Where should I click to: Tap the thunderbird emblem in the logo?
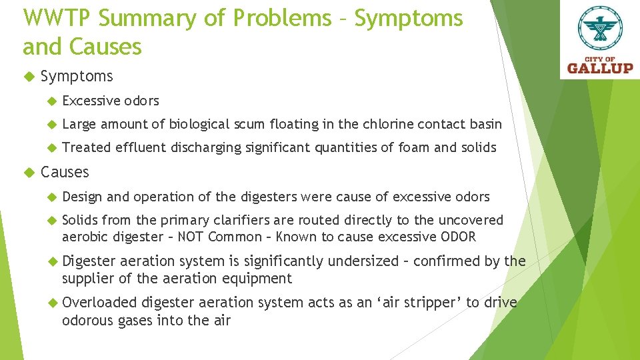pyautogui.click(x=599, y=29)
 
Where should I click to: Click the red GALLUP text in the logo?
pyautogui.click(x=600, y=67)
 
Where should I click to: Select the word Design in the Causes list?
pyautogui.click(x=82, y=197)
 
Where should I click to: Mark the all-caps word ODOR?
pyautogui.click(x=459, y=237)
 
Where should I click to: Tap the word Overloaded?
pyautogui.click(x=99, y=303)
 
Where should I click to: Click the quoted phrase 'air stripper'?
pyautogui.click(x=406, y=303)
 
